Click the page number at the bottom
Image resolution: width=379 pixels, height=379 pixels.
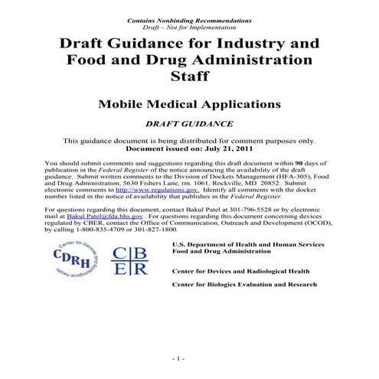click(180, 358)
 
